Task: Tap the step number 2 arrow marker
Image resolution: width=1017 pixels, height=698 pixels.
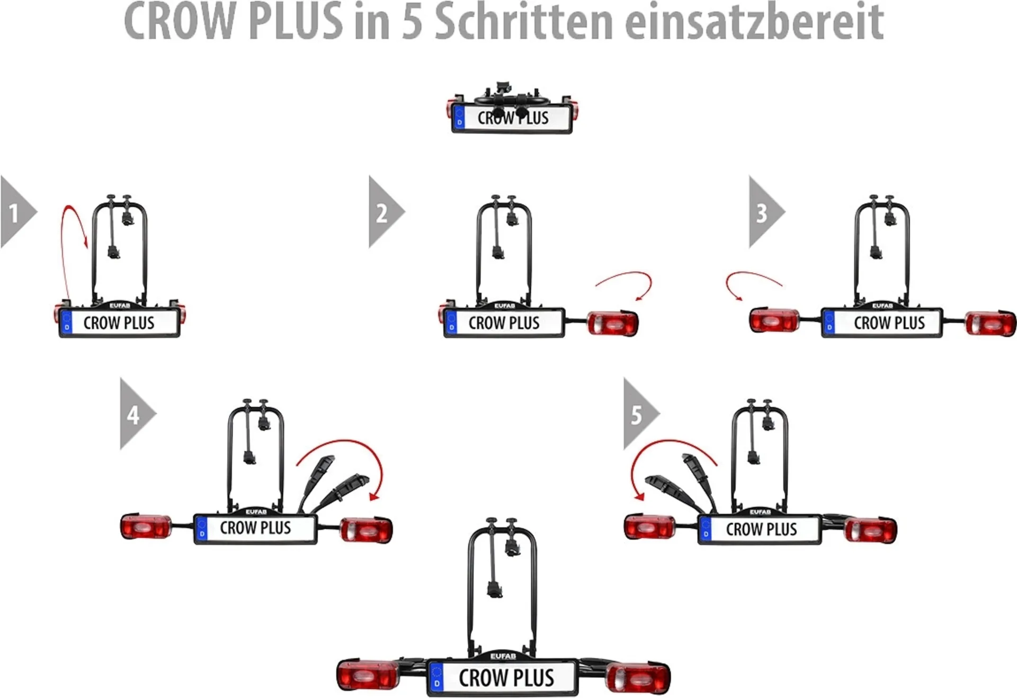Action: click(x=383, y=212)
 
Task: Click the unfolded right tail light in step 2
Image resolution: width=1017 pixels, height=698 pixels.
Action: click(x=613, y=323)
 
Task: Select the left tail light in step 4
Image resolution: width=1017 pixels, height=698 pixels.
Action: click(x=146, y=526)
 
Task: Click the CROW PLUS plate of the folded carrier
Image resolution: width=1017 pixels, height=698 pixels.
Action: click(x=512, y=118)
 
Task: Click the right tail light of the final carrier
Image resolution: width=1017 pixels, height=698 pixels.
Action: click(x=638, y=677)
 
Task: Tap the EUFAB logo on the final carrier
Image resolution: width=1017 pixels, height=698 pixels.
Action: click(x=503, y=656)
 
